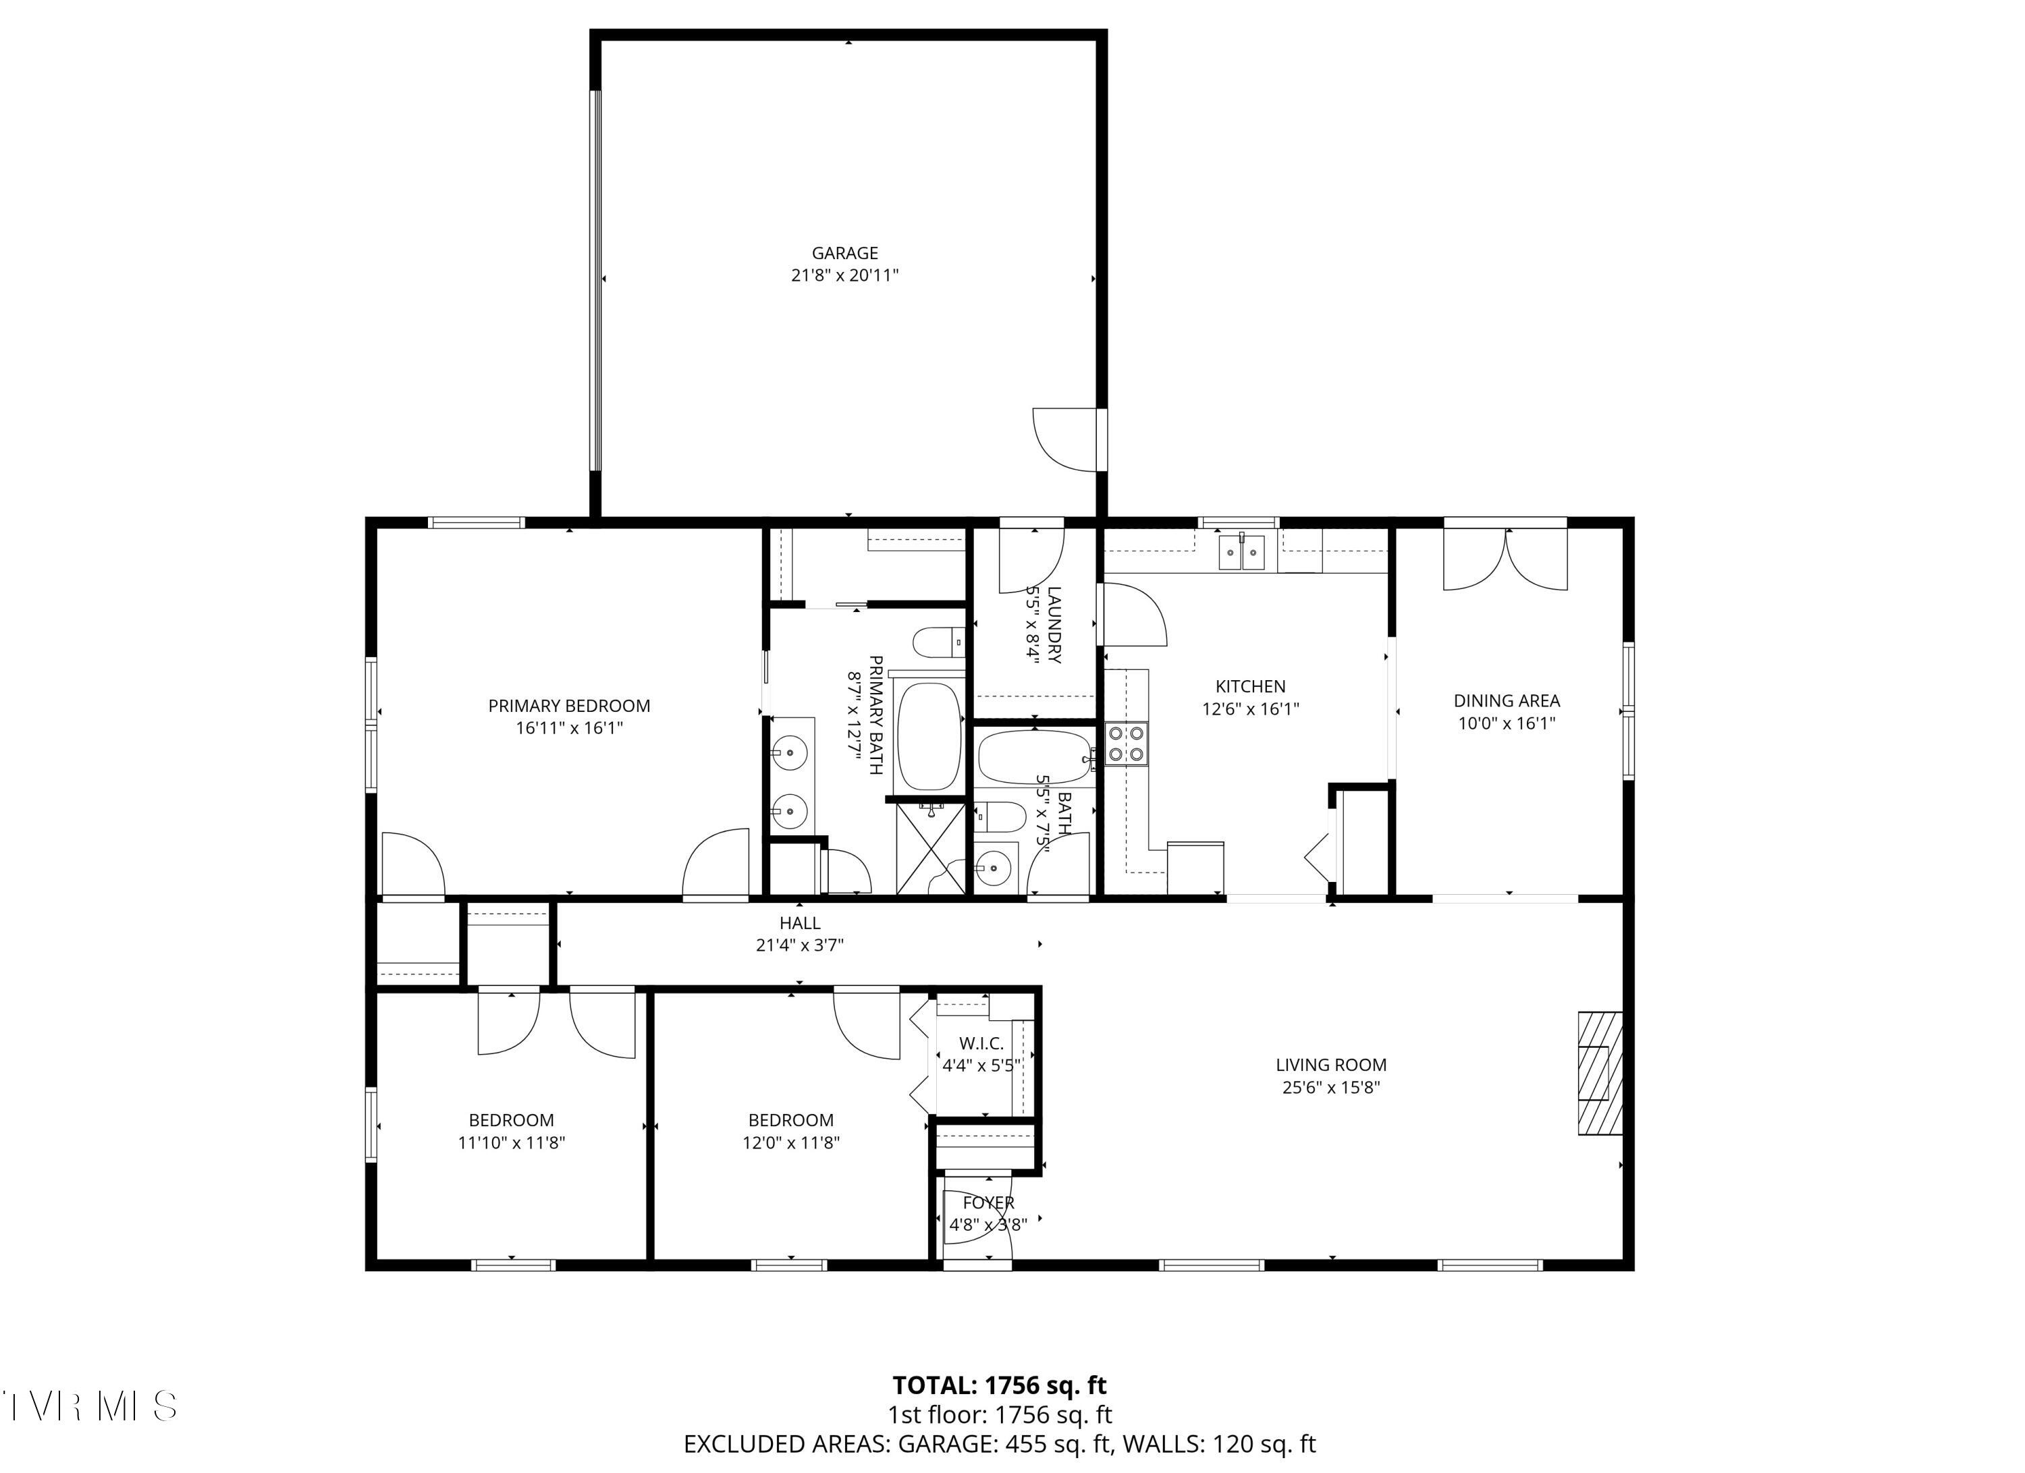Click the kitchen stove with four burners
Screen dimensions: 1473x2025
1126,744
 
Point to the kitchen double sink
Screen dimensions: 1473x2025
1242,553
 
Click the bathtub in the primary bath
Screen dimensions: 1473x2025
929,738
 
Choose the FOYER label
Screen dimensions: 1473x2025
988,1203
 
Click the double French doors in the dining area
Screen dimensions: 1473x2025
1505,559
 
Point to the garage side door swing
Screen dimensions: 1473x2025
1065,439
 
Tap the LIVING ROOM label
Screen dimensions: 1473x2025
1330,1065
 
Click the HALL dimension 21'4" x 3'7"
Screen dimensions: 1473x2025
799,945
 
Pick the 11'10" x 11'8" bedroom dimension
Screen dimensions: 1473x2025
511,1142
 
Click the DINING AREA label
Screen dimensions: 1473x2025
1506,702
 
